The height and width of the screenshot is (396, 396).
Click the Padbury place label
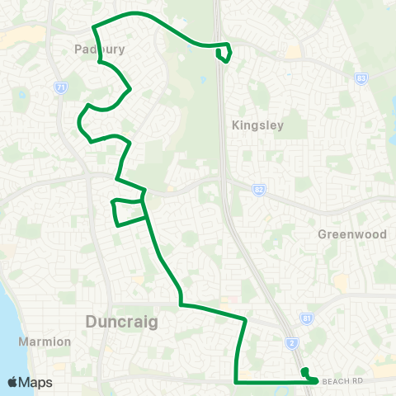pyautogui.click(x=99, y=49)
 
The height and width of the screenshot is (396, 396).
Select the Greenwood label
pyautogui.click(x=352, y=233)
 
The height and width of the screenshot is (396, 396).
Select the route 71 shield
pyautogui.click(x=59, y=87)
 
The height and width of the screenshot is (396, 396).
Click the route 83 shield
pyautogui.click(x=361, y=78)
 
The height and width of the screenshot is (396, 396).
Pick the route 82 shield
pyautogui.click(x=259, y=189)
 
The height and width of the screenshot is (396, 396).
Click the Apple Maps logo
pyautogui.click(x=30, y=382)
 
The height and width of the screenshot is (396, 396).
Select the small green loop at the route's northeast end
pyautogui.click(x=223, y=54)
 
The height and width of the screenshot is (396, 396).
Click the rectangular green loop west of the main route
pyautogui.click(x=129, y=211)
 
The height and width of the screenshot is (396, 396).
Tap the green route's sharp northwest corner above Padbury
pyautogui.click(x=93, y=28)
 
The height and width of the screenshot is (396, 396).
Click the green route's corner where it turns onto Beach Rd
pyautogui.click(x=237, y=382)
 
